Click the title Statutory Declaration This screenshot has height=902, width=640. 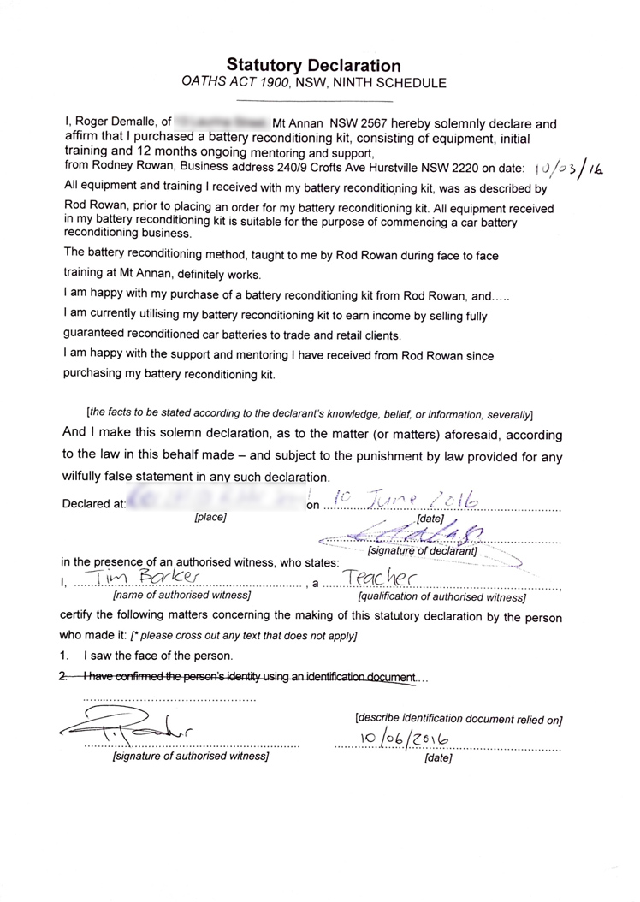point(313,66)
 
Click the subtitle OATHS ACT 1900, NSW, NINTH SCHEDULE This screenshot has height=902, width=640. point(313,83)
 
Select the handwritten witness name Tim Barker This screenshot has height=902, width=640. point(151,579)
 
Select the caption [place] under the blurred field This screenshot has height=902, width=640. point(210,518)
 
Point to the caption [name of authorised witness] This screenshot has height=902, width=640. point(181,595)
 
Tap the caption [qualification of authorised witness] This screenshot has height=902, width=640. point(441,596)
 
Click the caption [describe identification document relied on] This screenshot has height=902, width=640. point(459,718)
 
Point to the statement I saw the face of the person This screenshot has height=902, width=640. point(158,656)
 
